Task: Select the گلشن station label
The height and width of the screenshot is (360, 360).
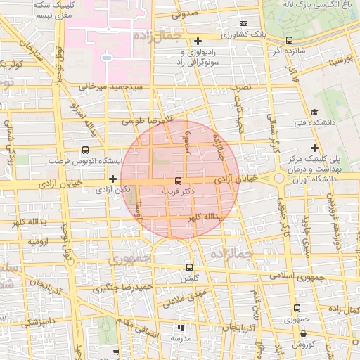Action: tap(188, 278)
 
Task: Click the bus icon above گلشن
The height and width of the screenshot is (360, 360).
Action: tap(188, 268)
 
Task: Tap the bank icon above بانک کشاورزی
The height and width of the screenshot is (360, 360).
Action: tap(243, 23)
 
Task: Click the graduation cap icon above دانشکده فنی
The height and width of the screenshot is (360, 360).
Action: tap(314, 112)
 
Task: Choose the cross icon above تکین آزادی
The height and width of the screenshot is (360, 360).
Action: tap(112, 179)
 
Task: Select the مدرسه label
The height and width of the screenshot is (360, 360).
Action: tap(181, 338)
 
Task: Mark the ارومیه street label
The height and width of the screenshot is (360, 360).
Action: tap(39, 241)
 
